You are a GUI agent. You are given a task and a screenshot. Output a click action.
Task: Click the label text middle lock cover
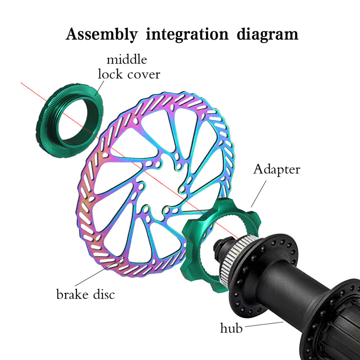pyautogui.click(x=126, y=66)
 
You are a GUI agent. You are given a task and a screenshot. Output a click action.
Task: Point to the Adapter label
pyautogui.click(x=276, y=170)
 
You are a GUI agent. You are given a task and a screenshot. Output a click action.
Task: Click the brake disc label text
pyautogui.click(x=85, y=295)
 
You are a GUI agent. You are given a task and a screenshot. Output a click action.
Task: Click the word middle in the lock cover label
pyautogui.click(x=126, y=59)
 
